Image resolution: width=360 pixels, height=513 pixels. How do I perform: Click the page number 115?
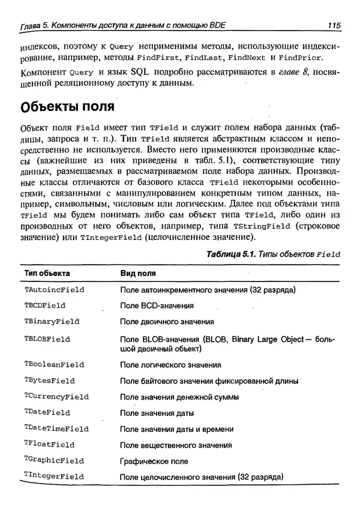coord(334,25)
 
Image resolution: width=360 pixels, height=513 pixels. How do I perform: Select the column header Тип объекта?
coord(47,273)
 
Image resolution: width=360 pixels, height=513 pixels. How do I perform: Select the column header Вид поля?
coord(138,273)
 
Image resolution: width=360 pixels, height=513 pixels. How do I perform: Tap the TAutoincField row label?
coord(54,289)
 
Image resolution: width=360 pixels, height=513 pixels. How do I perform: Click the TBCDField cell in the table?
coord(45,305)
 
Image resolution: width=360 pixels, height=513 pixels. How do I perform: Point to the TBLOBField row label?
coord(47,338)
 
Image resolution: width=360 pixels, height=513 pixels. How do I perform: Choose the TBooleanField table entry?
coord(54,364)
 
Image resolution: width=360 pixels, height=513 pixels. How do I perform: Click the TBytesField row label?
coord(49,380)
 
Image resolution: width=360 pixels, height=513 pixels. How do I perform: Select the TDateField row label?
coord(47,413)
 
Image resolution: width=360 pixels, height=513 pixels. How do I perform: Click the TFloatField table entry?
coord(49,445)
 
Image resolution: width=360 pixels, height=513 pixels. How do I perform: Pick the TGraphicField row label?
coord(54,461)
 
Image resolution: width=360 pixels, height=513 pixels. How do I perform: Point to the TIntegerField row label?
coord(54,476)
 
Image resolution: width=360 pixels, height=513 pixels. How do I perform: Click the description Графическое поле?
coord(154,461)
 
